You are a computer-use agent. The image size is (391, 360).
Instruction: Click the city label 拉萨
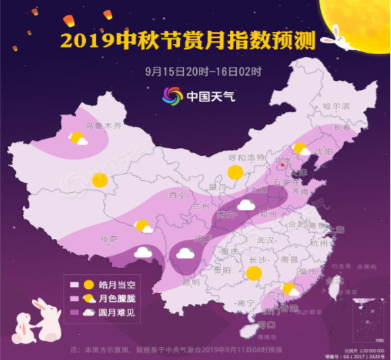click(x=109, y=239)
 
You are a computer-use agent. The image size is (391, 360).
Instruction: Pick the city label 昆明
click(x=191, y=282)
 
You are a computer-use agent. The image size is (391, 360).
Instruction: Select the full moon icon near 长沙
click(x=254, y=273)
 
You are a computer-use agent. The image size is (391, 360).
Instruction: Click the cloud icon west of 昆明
click(x=185, y=254)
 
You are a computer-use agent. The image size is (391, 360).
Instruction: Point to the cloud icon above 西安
click(x=246, y=204)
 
